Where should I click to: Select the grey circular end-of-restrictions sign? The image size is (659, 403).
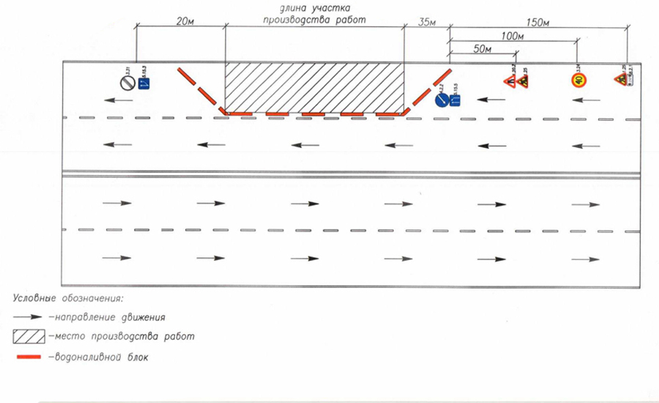coord(127,83)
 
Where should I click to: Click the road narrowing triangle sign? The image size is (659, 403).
coord(507,80)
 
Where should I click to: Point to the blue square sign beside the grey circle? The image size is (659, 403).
coord(144,83)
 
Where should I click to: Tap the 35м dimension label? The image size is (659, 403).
coord(426,23)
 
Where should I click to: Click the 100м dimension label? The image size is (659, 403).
coord(513,35)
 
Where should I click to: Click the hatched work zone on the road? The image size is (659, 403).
coord(314,86)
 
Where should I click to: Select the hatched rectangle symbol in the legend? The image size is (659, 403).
coord(30,336)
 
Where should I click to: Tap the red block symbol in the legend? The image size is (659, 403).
coord(30,358)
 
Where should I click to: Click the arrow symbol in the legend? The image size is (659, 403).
coord(30,317)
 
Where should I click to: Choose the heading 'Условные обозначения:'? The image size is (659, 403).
coord(67,298)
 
